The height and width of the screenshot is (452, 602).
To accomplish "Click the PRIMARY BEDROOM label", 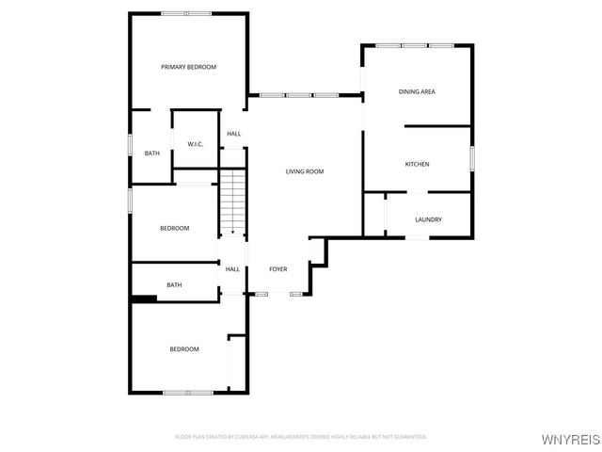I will point(188,67).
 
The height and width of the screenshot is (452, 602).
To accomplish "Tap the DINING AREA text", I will point(417,91).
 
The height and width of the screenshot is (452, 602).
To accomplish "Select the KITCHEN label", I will point(417,164).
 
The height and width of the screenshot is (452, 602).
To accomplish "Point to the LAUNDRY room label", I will point(428,219).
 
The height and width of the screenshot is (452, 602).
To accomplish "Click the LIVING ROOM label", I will point(305,171).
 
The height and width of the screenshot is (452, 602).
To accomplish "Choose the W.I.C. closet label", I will point(196,144).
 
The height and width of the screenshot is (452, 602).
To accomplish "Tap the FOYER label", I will point(278,269).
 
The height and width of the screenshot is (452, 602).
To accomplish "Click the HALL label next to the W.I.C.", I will point(233,134).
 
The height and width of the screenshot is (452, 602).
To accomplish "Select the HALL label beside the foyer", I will point(232,269).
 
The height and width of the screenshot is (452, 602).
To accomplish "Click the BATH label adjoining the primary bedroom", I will point(151,153).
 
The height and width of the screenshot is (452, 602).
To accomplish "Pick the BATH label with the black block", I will point(174,284).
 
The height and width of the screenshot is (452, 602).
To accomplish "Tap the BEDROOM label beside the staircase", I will point(174,228).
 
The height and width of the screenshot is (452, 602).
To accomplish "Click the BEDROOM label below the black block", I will point(183,349).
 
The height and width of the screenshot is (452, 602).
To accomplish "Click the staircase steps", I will point(232,198).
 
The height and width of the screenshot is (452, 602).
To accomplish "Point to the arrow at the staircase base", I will point(232,231).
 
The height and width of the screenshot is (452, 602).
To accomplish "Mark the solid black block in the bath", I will point(143,299).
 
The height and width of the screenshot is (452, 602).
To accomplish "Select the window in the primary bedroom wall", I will point(186,13).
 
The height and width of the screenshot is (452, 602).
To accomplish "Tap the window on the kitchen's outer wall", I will point(471,158).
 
